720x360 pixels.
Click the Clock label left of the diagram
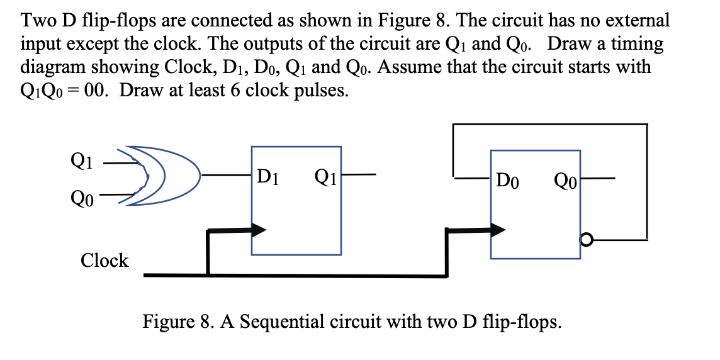(x=104, y=261)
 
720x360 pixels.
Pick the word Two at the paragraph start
(x=38, y=20)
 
